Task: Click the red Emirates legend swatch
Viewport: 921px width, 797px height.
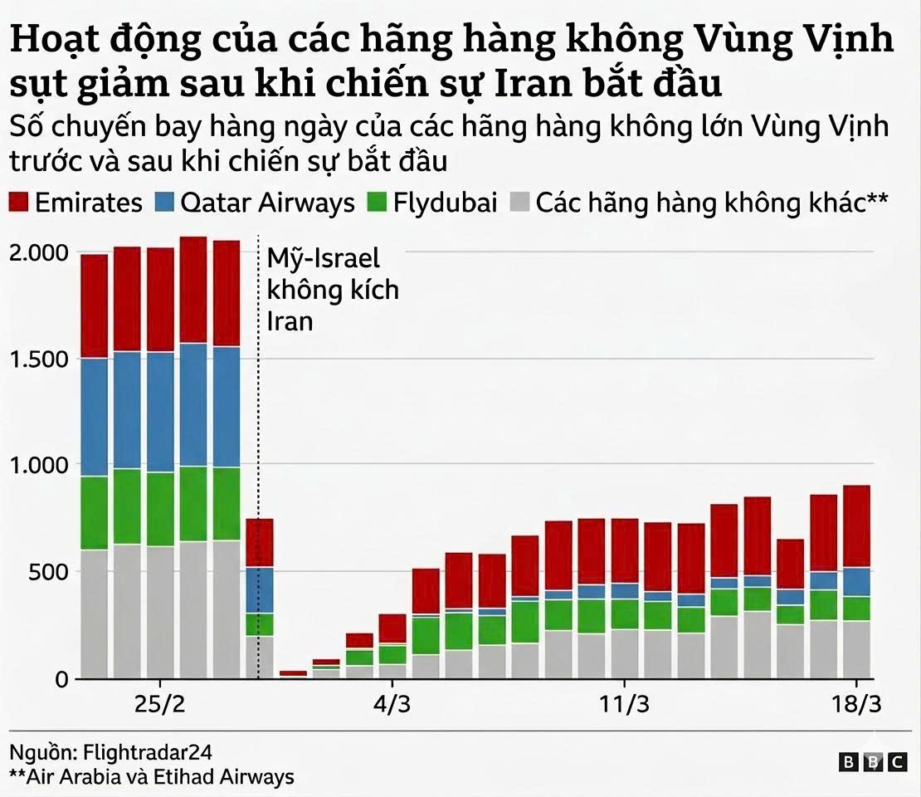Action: (x=19, y=203)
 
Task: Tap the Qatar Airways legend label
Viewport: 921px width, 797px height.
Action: (x=267, y=203)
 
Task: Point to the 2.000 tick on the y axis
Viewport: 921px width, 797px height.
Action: (x=37, y=252)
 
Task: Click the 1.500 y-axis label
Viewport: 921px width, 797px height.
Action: (x=37, y=359)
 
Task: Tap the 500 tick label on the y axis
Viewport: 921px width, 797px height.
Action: (x=51, y=571)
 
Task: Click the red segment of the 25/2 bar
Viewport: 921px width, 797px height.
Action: (x=160, y=300)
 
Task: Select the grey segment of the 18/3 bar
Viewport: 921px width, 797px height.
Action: (x=858, y=649)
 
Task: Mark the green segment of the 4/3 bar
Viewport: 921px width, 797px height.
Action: (x=392, y=654)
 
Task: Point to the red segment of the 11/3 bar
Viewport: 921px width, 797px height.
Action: (x=625, y=551)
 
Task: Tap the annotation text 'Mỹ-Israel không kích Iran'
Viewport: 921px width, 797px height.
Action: (x=332, y=290)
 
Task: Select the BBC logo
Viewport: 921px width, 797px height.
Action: (x=873, y=761)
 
